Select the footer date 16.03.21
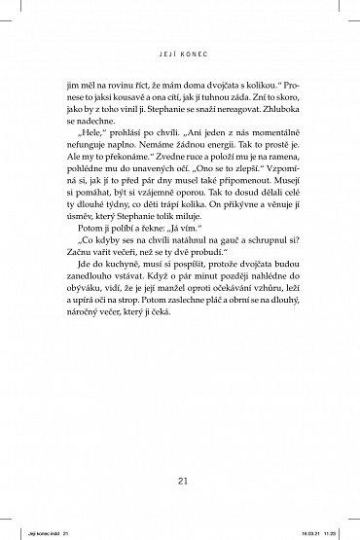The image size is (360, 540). (308, 531)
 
